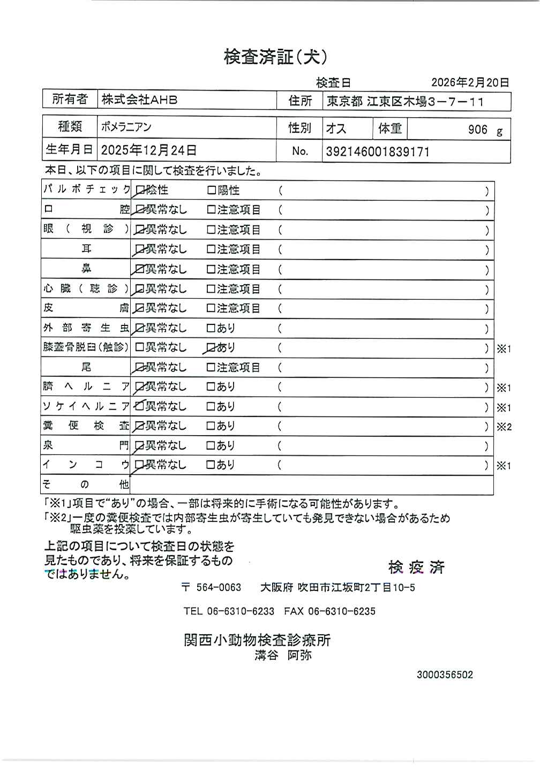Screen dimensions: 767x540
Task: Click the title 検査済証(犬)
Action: [275, 57]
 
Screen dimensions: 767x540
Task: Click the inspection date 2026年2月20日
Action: [470, 82]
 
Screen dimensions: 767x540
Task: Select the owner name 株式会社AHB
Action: [139, 100]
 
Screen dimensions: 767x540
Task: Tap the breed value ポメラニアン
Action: [126, 127]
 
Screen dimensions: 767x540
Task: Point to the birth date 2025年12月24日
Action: [148, 150]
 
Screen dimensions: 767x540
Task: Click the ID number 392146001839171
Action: [378, 151]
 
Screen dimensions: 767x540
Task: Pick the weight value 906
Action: [477, 130]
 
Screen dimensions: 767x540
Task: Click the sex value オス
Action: [336, 129]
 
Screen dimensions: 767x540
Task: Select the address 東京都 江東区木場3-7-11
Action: [406, 101]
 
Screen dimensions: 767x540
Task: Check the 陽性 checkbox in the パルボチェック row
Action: [212, 191]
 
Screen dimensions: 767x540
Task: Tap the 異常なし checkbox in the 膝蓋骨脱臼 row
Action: [140, 348]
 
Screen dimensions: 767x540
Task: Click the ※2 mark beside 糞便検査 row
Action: [504, 427]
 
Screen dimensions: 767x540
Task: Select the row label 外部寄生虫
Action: [86, 328]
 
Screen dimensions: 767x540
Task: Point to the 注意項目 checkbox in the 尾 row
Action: [212, 368]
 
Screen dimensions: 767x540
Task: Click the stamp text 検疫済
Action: [417, 567]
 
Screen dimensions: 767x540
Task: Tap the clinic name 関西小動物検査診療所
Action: [257, 640]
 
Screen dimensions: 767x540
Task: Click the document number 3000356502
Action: [445, 675]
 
